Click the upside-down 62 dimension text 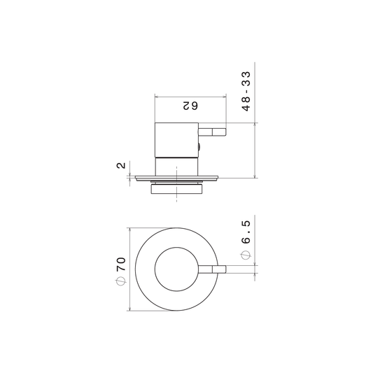(x=190, y=106)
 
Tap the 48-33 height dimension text (x=246, y=91)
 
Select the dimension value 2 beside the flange (x=121, y=165)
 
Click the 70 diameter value (x=121, y=264)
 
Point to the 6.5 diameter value (x=246, y=232)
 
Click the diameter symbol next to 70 (x=121, y=281)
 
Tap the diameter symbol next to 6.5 (x=246, y=255)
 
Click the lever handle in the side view (x=212, y=132)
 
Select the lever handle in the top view (x=212, y=269)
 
